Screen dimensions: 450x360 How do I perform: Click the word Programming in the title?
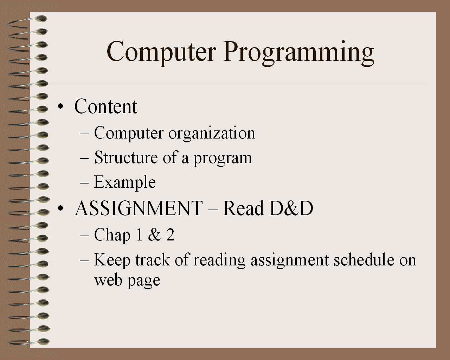(x=298, y=53)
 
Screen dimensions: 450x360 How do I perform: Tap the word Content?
(x=106, y=106)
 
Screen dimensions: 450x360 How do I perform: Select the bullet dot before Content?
(x=60, y=106)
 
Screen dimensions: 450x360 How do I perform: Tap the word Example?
(x=124, y=182)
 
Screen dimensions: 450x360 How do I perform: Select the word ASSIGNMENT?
(x=139, y=208)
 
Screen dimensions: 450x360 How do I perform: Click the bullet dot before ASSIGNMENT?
(x=60, y=208)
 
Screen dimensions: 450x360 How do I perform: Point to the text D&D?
(x=291, y=208)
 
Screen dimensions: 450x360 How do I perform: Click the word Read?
(x=243, y=208)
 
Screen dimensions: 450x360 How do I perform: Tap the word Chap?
(x=112, y=236)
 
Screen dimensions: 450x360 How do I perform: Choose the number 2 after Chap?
(x=170, y=234)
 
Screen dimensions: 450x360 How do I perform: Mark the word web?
(x=108, y=280)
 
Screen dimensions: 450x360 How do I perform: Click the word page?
(x=144, y=282)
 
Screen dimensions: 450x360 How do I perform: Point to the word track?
(x=153, y=260)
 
